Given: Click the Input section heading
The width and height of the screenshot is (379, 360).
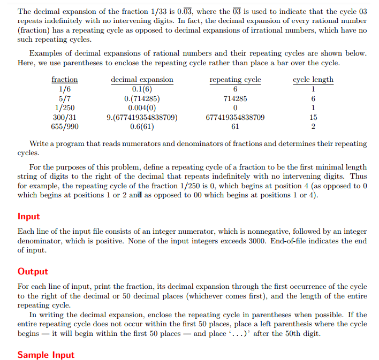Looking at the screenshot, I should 29,217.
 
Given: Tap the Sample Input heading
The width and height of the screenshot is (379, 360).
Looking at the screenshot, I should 46,355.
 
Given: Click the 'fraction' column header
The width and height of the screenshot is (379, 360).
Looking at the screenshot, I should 65,80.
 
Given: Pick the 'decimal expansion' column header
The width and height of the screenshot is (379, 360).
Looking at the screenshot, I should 142,80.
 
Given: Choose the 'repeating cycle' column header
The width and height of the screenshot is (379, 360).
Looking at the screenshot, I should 235,80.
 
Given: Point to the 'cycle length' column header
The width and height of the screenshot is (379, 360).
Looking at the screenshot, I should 313,80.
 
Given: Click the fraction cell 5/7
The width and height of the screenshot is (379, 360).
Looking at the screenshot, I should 65,98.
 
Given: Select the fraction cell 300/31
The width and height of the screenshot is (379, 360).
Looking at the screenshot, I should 65,117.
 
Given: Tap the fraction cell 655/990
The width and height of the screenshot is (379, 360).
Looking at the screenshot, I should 65,127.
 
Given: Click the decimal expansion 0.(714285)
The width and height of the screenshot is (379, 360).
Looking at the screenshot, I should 142,98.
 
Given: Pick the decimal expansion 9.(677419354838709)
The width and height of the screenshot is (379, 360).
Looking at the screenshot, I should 142,117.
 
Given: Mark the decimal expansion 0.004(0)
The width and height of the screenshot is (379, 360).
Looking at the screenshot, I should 142,108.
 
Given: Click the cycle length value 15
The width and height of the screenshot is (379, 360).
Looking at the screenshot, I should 313,117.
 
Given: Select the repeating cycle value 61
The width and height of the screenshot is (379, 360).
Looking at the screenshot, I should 235,127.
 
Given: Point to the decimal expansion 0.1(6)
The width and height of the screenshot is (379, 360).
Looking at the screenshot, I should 142,89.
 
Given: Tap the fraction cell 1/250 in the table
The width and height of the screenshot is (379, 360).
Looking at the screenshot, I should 65,108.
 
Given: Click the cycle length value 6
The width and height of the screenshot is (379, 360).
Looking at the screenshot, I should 313,98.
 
